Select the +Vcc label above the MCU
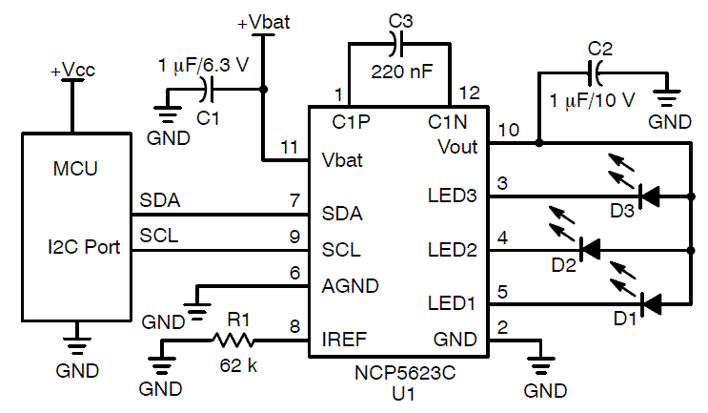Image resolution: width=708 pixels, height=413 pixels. click(71, 72)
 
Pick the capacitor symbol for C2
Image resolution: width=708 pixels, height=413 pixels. click(597, 72)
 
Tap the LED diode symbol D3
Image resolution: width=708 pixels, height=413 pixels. click(651, 197)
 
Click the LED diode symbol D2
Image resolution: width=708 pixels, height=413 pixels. click(591, 249)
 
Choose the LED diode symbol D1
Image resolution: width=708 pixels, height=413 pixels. click(651, 304)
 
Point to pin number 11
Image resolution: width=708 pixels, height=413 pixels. click(290, 147)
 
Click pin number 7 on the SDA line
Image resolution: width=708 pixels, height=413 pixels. click(294, 200)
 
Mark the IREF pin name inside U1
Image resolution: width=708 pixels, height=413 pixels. click(344, 338)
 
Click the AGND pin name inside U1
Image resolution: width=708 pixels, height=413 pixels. click(351, 284)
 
